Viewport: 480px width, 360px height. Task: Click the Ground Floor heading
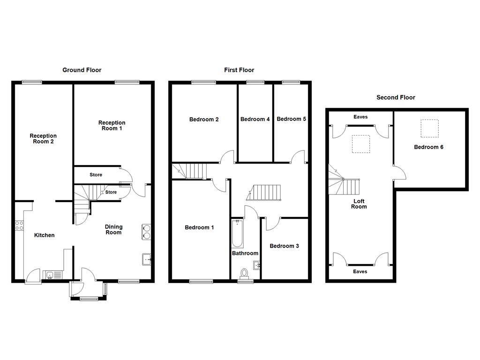82,70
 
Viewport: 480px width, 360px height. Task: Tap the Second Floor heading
396,97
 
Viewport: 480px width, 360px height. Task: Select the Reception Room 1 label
112,125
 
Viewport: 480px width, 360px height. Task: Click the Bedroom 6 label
428,147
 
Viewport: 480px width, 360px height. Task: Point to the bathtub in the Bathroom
237,234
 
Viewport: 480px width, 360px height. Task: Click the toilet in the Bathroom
244,273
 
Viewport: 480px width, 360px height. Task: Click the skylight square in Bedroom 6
429,128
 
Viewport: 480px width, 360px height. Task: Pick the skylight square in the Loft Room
360,143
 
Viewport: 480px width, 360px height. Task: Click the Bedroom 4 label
255,119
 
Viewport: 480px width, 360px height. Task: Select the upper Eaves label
360,117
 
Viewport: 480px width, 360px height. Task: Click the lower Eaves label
360,271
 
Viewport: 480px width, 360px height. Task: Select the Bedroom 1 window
201,281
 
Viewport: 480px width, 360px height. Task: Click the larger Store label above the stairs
96,175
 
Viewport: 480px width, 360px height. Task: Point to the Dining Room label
113,229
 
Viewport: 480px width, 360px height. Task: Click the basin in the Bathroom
256,266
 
